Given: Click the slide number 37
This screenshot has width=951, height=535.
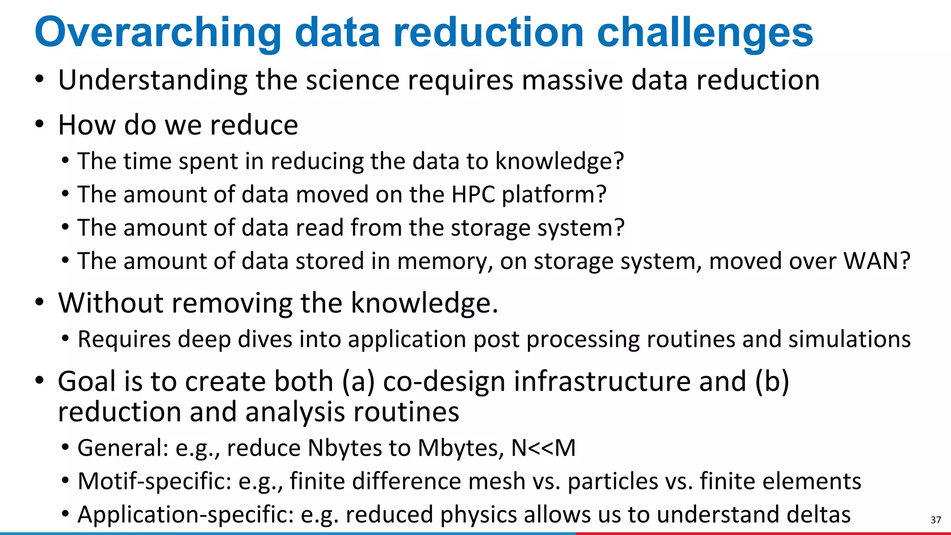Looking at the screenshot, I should pos(936,520).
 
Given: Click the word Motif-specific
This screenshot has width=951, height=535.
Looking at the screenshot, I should pos(155,481).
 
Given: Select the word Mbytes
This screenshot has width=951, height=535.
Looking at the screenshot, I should pos(460,448).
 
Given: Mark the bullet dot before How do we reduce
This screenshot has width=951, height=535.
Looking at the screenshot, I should pos(39,124).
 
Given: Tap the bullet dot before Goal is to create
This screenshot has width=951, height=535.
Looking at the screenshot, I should pos(39,381).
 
